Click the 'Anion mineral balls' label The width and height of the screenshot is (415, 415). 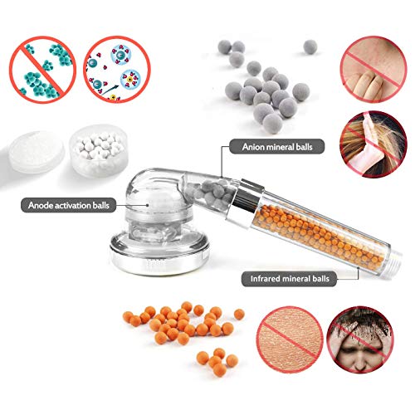[276, 147]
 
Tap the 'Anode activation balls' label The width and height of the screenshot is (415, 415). [68, 205]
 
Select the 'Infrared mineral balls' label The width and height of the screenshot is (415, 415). [290, 279]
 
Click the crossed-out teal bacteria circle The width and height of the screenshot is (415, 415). [42, 70]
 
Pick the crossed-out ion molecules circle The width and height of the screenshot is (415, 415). [117, 70]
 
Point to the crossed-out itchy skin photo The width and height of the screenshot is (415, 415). [373, 69]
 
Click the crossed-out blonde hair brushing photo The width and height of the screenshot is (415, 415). [373, 144]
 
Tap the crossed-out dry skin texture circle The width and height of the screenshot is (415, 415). [290, 339]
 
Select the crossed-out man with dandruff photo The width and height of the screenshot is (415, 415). [360, 339]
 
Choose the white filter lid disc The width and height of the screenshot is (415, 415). [36, 152]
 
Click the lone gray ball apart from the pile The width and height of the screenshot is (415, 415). [310, 46]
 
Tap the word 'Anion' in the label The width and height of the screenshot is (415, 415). [253, 147]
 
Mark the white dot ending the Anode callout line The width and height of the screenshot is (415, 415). [148, 205]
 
